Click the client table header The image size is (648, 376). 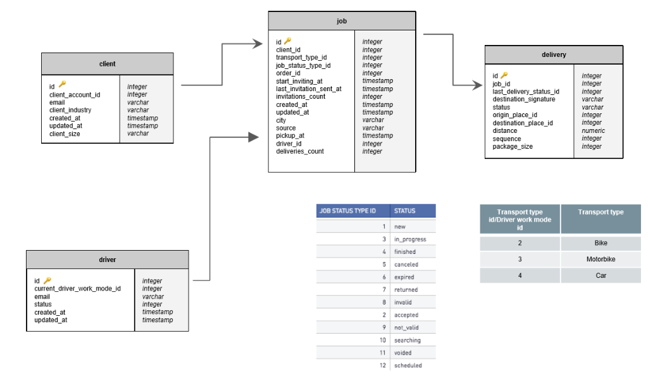pos(107,64)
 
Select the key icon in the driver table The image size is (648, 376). pos(47,280)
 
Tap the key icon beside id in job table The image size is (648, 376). pos(288,41)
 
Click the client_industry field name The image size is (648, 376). pos(70,110)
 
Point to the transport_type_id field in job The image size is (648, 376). pos(301,58)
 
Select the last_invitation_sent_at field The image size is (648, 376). pos(309,89)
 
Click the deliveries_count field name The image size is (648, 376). pos(299,151)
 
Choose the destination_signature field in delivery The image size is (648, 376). pos(523,99)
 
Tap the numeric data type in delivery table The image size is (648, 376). pos(593,130)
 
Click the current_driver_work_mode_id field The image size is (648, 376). pos(77,289)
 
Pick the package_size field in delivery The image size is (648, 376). pos(513,146)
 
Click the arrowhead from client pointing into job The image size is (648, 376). pos(258,44)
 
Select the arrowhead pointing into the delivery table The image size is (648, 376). pos(477,85)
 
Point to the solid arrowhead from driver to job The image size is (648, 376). pos(253,137)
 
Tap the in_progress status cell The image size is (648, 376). pos(410,239)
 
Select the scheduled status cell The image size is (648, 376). pos(408,366)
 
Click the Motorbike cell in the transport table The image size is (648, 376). pos(601,259)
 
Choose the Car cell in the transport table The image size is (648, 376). pos(601,275)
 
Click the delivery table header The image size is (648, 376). pos(554,55)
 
